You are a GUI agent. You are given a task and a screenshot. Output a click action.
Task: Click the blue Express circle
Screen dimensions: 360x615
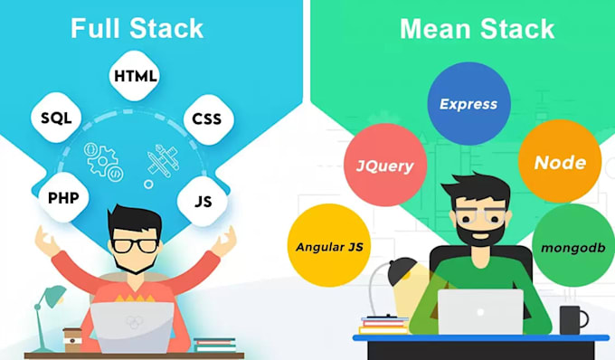click(x=468, y=104)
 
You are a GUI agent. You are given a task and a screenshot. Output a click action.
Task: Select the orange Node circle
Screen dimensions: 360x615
click(x=560, y=164)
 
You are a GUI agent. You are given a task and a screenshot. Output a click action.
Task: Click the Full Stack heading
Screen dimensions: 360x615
click(x=138, y=28)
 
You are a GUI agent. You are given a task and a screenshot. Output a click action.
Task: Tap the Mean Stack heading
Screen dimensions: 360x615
click(x=477, y=28)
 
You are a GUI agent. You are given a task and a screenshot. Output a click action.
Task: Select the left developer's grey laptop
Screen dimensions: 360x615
click(x=132, y=327)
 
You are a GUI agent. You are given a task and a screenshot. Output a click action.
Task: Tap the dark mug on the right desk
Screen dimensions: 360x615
click(x=572, y=319)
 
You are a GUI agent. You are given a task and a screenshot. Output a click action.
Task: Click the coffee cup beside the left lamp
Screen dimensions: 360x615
click(x=71, y=336)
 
